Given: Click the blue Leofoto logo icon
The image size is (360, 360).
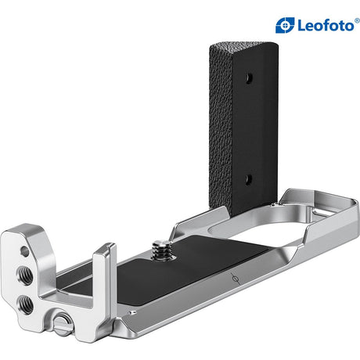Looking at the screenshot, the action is [285, 25].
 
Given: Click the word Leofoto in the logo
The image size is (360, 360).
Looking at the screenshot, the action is [326, 26].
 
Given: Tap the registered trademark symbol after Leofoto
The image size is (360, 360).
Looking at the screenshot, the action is [357, 20].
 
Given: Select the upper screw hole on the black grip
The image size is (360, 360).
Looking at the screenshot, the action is [249, 77].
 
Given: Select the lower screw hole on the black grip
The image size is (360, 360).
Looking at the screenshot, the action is [249, 179].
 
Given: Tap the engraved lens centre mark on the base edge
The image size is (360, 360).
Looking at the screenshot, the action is [236, 279].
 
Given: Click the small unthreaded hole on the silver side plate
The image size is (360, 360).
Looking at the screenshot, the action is [24, 251].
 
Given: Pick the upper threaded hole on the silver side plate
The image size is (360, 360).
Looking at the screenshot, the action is [25, 275].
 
